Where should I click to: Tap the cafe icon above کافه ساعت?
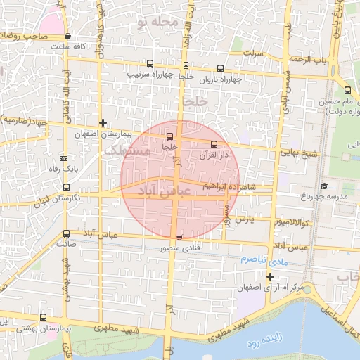[67, 36]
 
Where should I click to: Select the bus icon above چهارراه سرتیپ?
[149, 63]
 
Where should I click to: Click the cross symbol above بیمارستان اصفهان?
[103, 122]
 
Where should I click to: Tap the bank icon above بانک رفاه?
[64, 157]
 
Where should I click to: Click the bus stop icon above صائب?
[66, 233]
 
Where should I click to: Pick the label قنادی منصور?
[179, 247]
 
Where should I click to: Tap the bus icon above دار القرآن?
[214, 144]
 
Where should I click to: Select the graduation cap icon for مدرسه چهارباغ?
[324, 186]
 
